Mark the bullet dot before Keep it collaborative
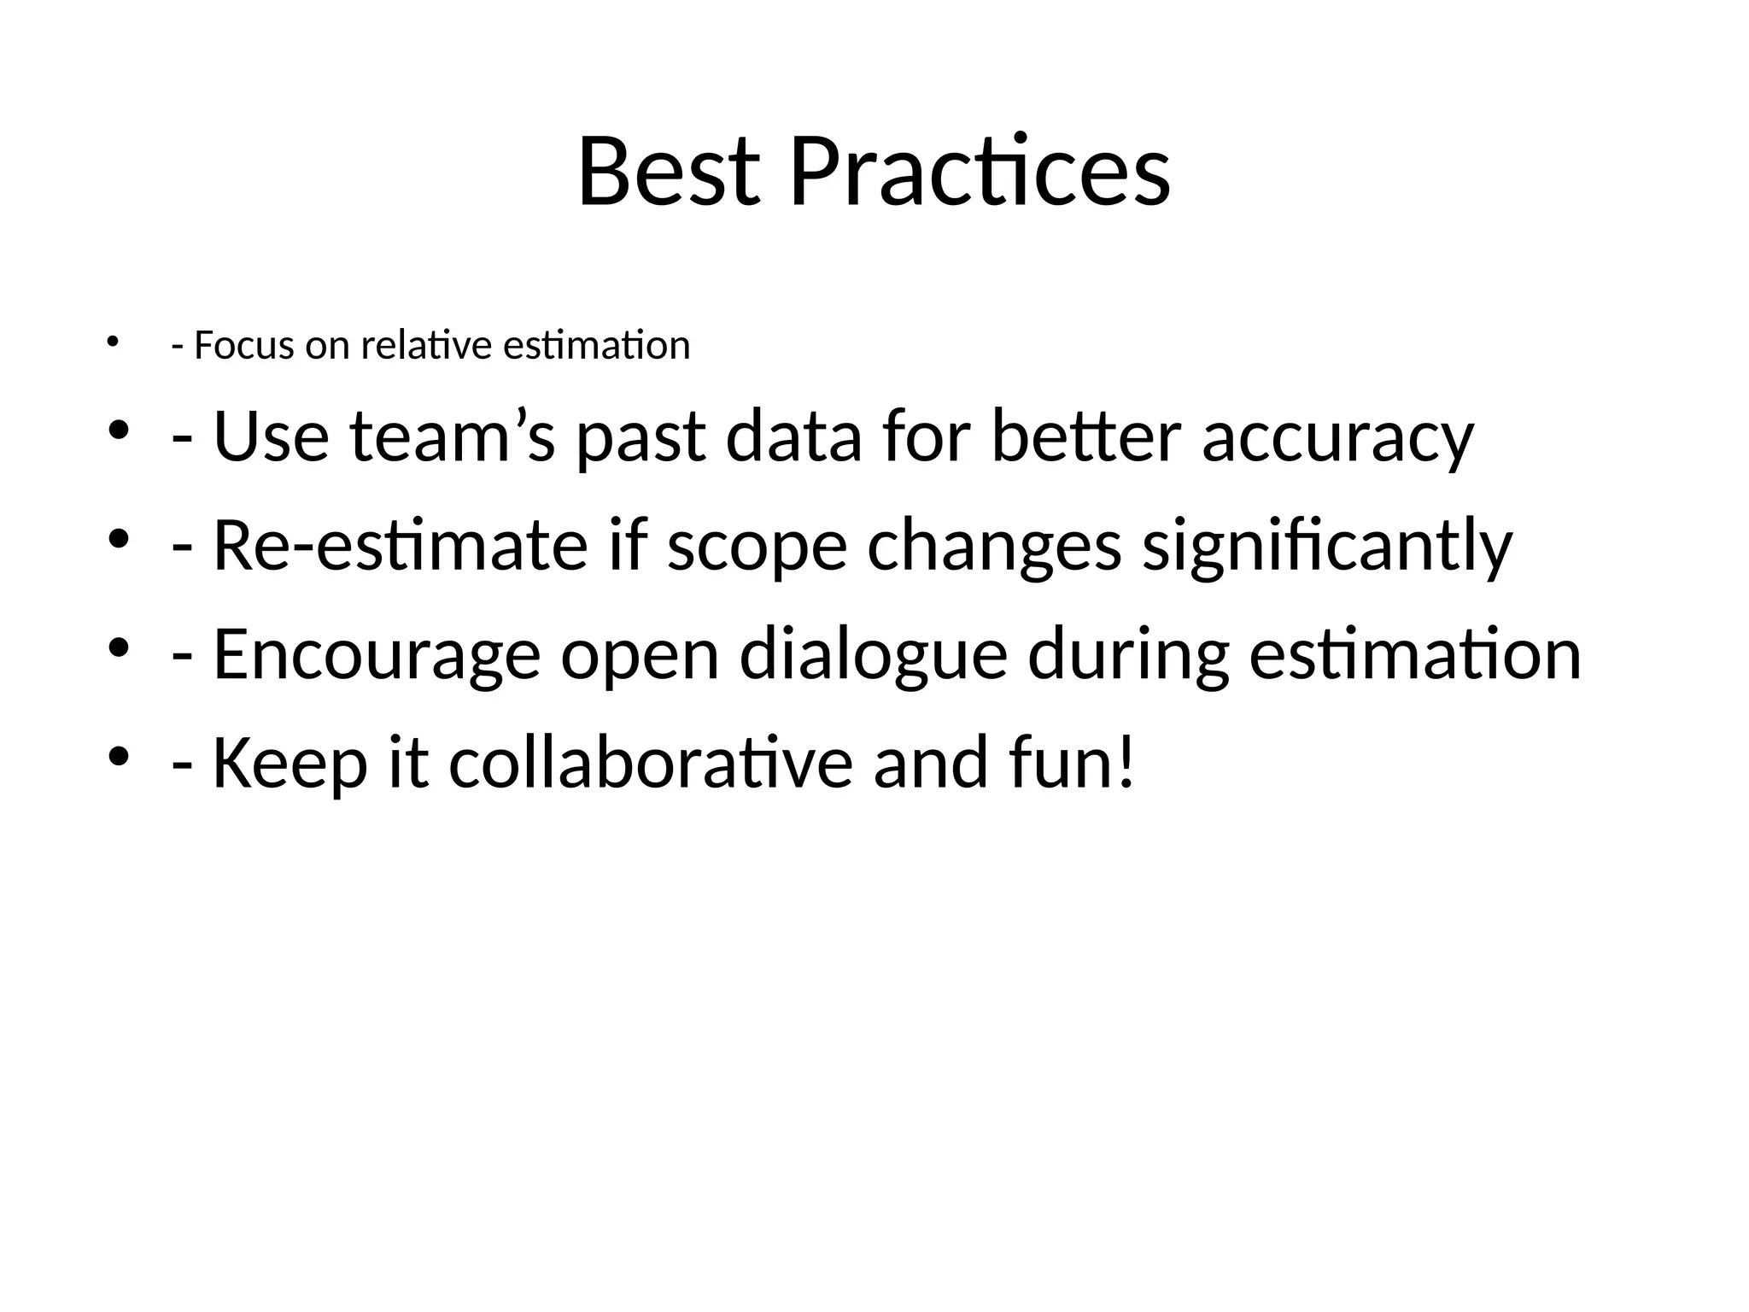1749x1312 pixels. point(119,755)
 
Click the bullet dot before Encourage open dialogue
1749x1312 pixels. point(119,647)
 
